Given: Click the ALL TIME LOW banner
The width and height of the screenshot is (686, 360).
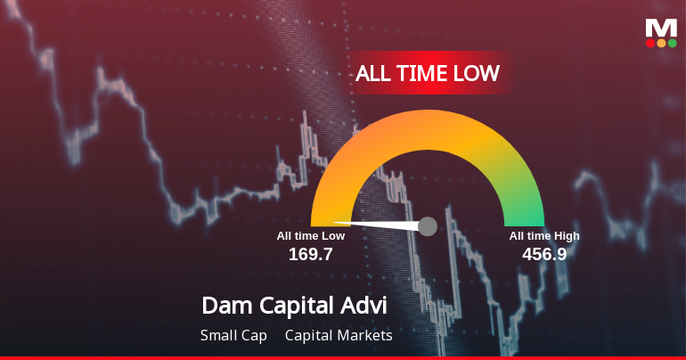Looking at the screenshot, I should tap(427, 73).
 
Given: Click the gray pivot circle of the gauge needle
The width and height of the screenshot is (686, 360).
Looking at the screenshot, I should tap(428, 226).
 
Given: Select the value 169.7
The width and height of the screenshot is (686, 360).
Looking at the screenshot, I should tap(310, 254).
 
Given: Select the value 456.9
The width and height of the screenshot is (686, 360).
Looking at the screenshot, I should tap(544, 254).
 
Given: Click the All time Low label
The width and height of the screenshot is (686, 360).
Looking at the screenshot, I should tap(310, 236).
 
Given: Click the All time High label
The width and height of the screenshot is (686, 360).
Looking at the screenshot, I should tap(544, 236).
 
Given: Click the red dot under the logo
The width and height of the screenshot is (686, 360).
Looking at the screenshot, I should tap(650, 43).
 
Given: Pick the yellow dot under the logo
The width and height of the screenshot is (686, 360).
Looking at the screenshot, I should tap(661, 43).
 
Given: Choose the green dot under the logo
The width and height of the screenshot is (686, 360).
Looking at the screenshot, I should tap(672, 43).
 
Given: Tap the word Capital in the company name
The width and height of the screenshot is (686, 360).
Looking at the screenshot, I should tap(300, 306).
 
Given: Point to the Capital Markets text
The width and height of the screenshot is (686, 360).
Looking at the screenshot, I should tap(339, 336).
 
